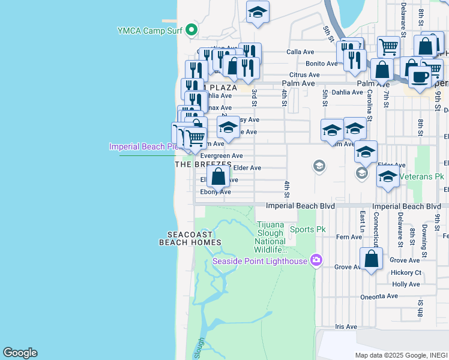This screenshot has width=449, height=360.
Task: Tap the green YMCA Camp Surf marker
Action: pos(191,29)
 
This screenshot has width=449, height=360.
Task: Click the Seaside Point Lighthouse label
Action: pos(260,260)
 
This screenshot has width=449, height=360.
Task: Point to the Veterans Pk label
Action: pos(424,177)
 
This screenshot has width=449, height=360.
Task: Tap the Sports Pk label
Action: pos(307,229)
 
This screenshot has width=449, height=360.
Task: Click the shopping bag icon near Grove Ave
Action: pos(372,259)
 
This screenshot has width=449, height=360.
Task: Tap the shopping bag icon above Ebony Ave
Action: pos(218,177)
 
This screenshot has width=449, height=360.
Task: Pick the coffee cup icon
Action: pos(420,76)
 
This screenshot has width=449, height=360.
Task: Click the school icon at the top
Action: pos(258,12)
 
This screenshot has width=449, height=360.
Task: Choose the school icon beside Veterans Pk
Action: pos(388,176)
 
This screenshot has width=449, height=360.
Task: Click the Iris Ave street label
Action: pos(346,327)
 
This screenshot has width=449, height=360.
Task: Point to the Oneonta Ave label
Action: pos(379,296)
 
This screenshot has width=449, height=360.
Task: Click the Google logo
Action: pos(20,353)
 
